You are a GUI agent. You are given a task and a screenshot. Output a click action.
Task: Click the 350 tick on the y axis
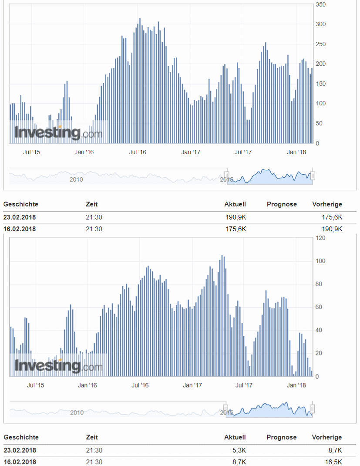point(321,4)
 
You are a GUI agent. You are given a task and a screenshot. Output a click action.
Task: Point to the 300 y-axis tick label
point(321,24)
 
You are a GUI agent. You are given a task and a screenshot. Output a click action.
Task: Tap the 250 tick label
point(321,44)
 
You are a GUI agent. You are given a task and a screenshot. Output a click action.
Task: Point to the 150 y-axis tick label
point(321,84)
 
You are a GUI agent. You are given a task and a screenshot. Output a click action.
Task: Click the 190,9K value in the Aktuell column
point(235,217)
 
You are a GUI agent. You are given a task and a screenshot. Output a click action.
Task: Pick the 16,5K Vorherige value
point(333,462)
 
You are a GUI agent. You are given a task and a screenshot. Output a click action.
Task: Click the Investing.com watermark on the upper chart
point(58,132)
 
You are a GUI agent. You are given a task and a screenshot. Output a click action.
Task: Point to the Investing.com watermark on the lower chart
point(58,365)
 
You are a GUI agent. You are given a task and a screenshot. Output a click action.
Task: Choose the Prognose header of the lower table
point(282,437)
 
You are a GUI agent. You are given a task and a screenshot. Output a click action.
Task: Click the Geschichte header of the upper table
point(21,204)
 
